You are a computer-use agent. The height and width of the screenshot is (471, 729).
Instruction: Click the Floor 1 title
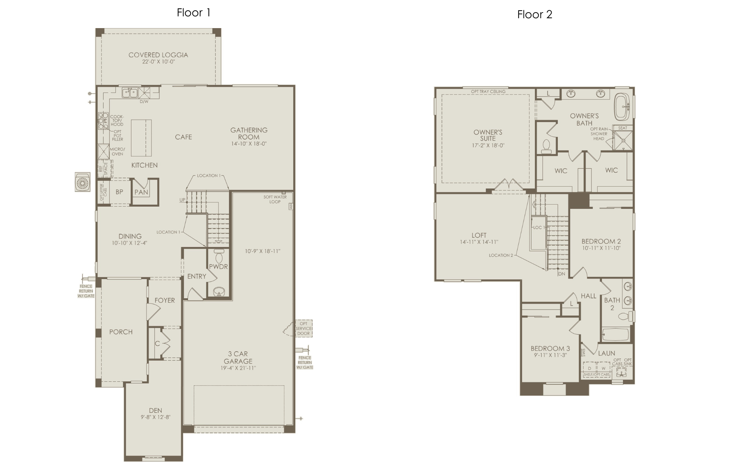193,13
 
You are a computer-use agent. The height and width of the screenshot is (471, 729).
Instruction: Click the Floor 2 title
535,14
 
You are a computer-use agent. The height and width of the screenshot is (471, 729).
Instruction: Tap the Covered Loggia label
158,55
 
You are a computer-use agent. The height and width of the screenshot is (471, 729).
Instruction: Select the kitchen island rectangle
141,138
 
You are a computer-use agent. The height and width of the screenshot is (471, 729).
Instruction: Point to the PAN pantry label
141,192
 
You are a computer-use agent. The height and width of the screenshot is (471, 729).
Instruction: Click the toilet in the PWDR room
219,255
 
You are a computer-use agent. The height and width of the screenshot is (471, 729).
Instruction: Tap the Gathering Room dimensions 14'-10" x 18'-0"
249,144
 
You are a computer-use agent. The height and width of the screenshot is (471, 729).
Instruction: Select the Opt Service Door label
304,329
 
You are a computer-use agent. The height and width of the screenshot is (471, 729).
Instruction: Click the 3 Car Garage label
238,357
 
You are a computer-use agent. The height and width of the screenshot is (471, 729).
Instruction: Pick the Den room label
155,410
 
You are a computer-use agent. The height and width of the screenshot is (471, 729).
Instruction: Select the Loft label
479,235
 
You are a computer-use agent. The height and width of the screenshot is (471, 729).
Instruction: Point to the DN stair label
562,274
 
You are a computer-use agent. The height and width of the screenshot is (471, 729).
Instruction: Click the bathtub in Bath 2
615,335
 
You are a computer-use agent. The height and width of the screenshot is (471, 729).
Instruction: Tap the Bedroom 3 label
550,348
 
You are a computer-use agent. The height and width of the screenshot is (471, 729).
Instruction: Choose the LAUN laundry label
606,353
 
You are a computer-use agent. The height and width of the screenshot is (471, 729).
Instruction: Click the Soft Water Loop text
275,199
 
